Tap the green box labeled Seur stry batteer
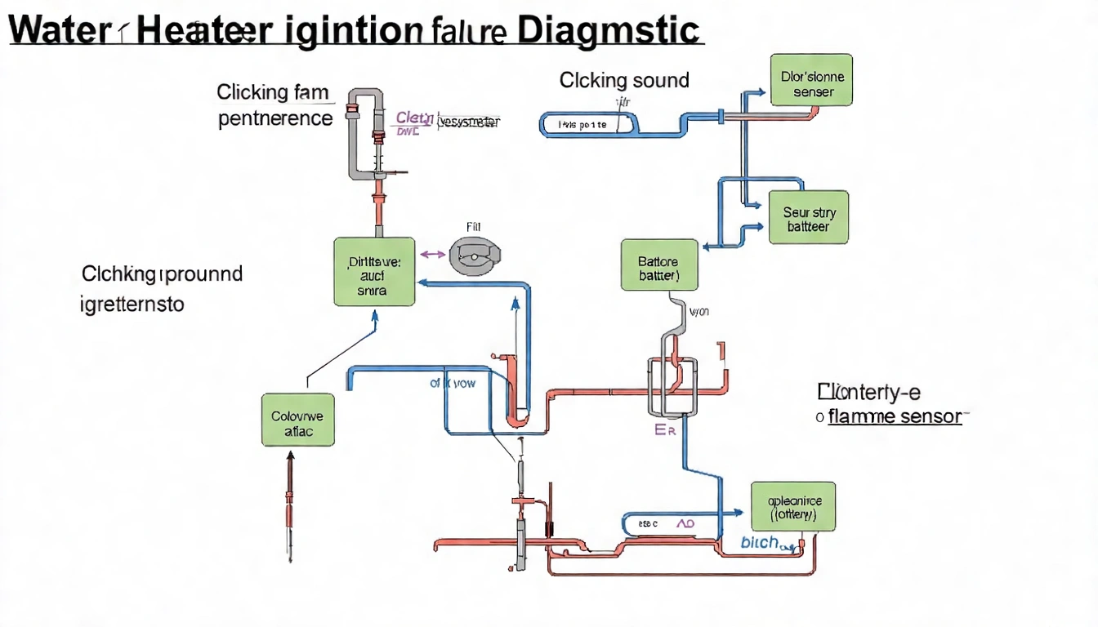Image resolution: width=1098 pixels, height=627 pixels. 809,217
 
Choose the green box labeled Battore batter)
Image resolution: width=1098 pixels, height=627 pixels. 659,265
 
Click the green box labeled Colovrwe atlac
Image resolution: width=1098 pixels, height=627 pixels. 297,420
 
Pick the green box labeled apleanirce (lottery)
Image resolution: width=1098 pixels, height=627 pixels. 792,506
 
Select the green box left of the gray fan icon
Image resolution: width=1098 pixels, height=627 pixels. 373,272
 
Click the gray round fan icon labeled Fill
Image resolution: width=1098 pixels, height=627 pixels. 472,256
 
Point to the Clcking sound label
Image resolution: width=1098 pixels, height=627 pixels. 624,80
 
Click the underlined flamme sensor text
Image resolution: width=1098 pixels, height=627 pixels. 894,417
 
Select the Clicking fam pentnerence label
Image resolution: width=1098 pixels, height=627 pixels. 276,104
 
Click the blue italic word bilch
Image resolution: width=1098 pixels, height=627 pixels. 759,542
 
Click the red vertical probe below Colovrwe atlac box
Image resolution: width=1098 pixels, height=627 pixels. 288,506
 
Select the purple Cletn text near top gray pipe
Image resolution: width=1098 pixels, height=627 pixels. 414,118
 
